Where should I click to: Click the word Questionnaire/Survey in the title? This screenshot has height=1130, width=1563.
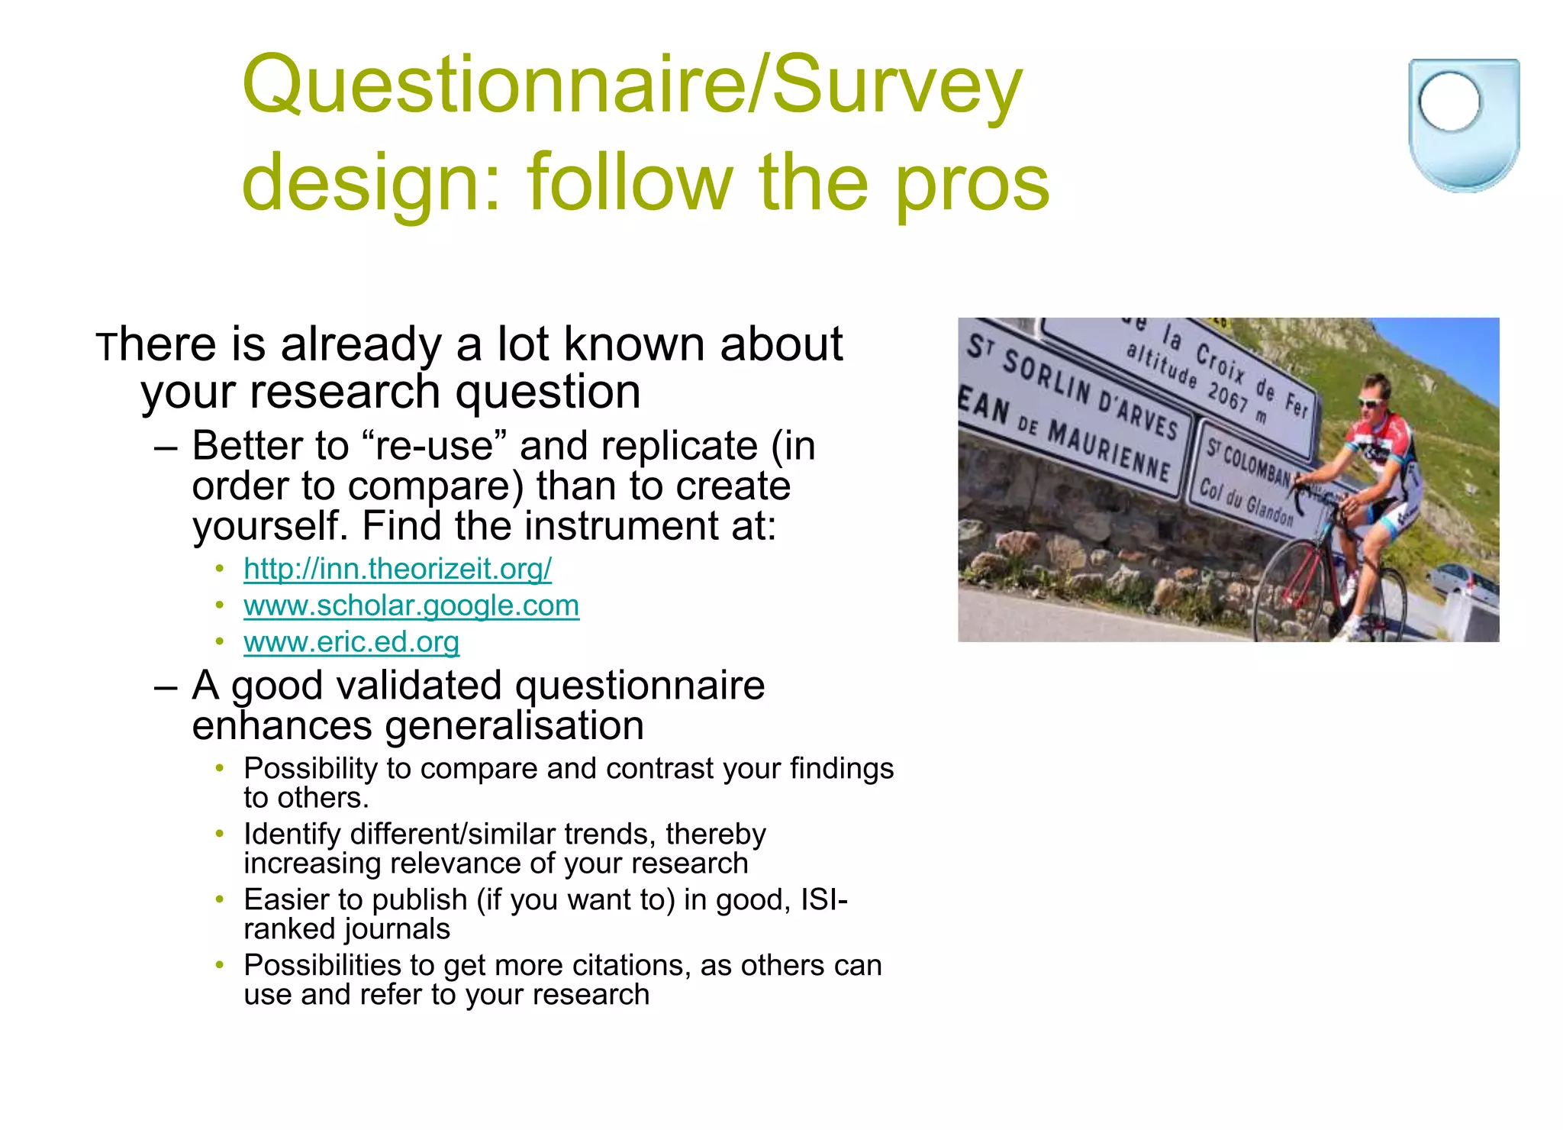(632, 86)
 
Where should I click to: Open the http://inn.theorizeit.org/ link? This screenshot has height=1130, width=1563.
(397, 569)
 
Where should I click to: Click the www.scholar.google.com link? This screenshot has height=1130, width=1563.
(411, 605)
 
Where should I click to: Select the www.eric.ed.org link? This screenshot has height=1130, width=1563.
(351, 642)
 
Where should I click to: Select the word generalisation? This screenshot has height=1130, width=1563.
(514, 725)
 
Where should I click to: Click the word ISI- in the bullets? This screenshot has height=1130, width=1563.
(823, 900)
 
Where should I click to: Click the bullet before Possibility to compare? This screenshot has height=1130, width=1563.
(220, 768)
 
